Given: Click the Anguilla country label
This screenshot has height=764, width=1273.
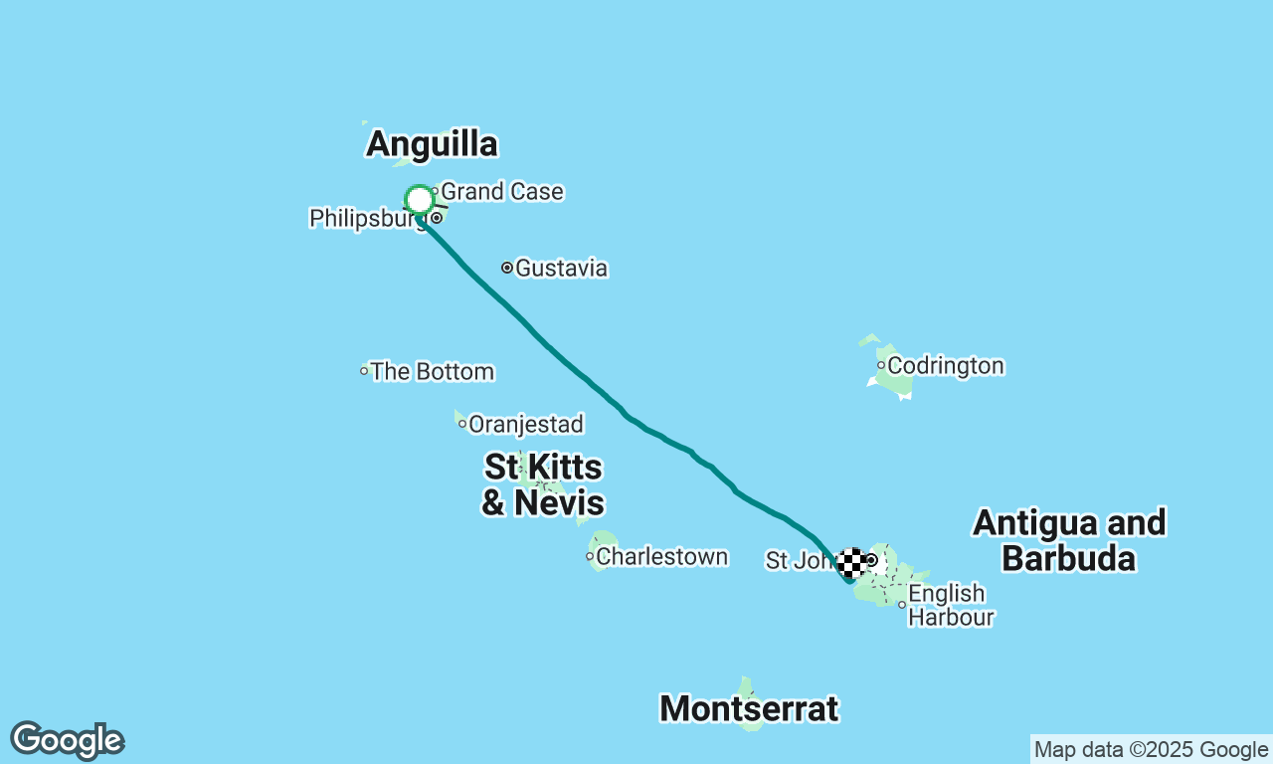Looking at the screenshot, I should click(432, 144).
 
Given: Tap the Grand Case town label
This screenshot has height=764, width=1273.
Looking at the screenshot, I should click(501, 191).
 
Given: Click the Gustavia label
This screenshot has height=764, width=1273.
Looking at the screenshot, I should click(561, 268).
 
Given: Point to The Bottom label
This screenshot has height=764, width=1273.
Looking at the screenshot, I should click(432, 372).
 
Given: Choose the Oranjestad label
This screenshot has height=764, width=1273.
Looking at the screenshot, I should click(525, 425).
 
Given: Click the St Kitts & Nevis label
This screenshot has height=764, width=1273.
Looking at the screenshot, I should click(543, 484).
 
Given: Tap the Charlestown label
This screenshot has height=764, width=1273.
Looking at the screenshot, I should click(661, 556).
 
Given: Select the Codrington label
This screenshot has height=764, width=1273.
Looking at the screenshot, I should click(945, 366).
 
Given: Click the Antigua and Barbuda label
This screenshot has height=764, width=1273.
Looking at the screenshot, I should click(1069, 540).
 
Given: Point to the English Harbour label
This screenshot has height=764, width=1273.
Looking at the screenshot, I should click(951, 606).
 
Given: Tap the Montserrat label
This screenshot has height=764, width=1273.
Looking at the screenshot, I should click(749, 709).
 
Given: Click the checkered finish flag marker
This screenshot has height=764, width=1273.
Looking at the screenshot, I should click(851, 563).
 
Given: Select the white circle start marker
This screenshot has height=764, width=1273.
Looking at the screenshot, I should click(420, 200).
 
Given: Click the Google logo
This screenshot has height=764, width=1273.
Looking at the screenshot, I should click(67, 741).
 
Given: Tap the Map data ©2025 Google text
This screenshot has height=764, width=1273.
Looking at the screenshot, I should click(1151, 750).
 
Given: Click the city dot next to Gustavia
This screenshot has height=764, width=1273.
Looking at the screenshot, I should click(507, 268).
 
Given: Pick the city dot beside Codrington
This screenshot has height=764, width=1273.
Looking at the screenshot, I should click(881, 365).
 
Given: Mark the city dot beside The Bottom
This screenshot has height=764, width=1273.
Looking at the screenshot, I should click(364, 371).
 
